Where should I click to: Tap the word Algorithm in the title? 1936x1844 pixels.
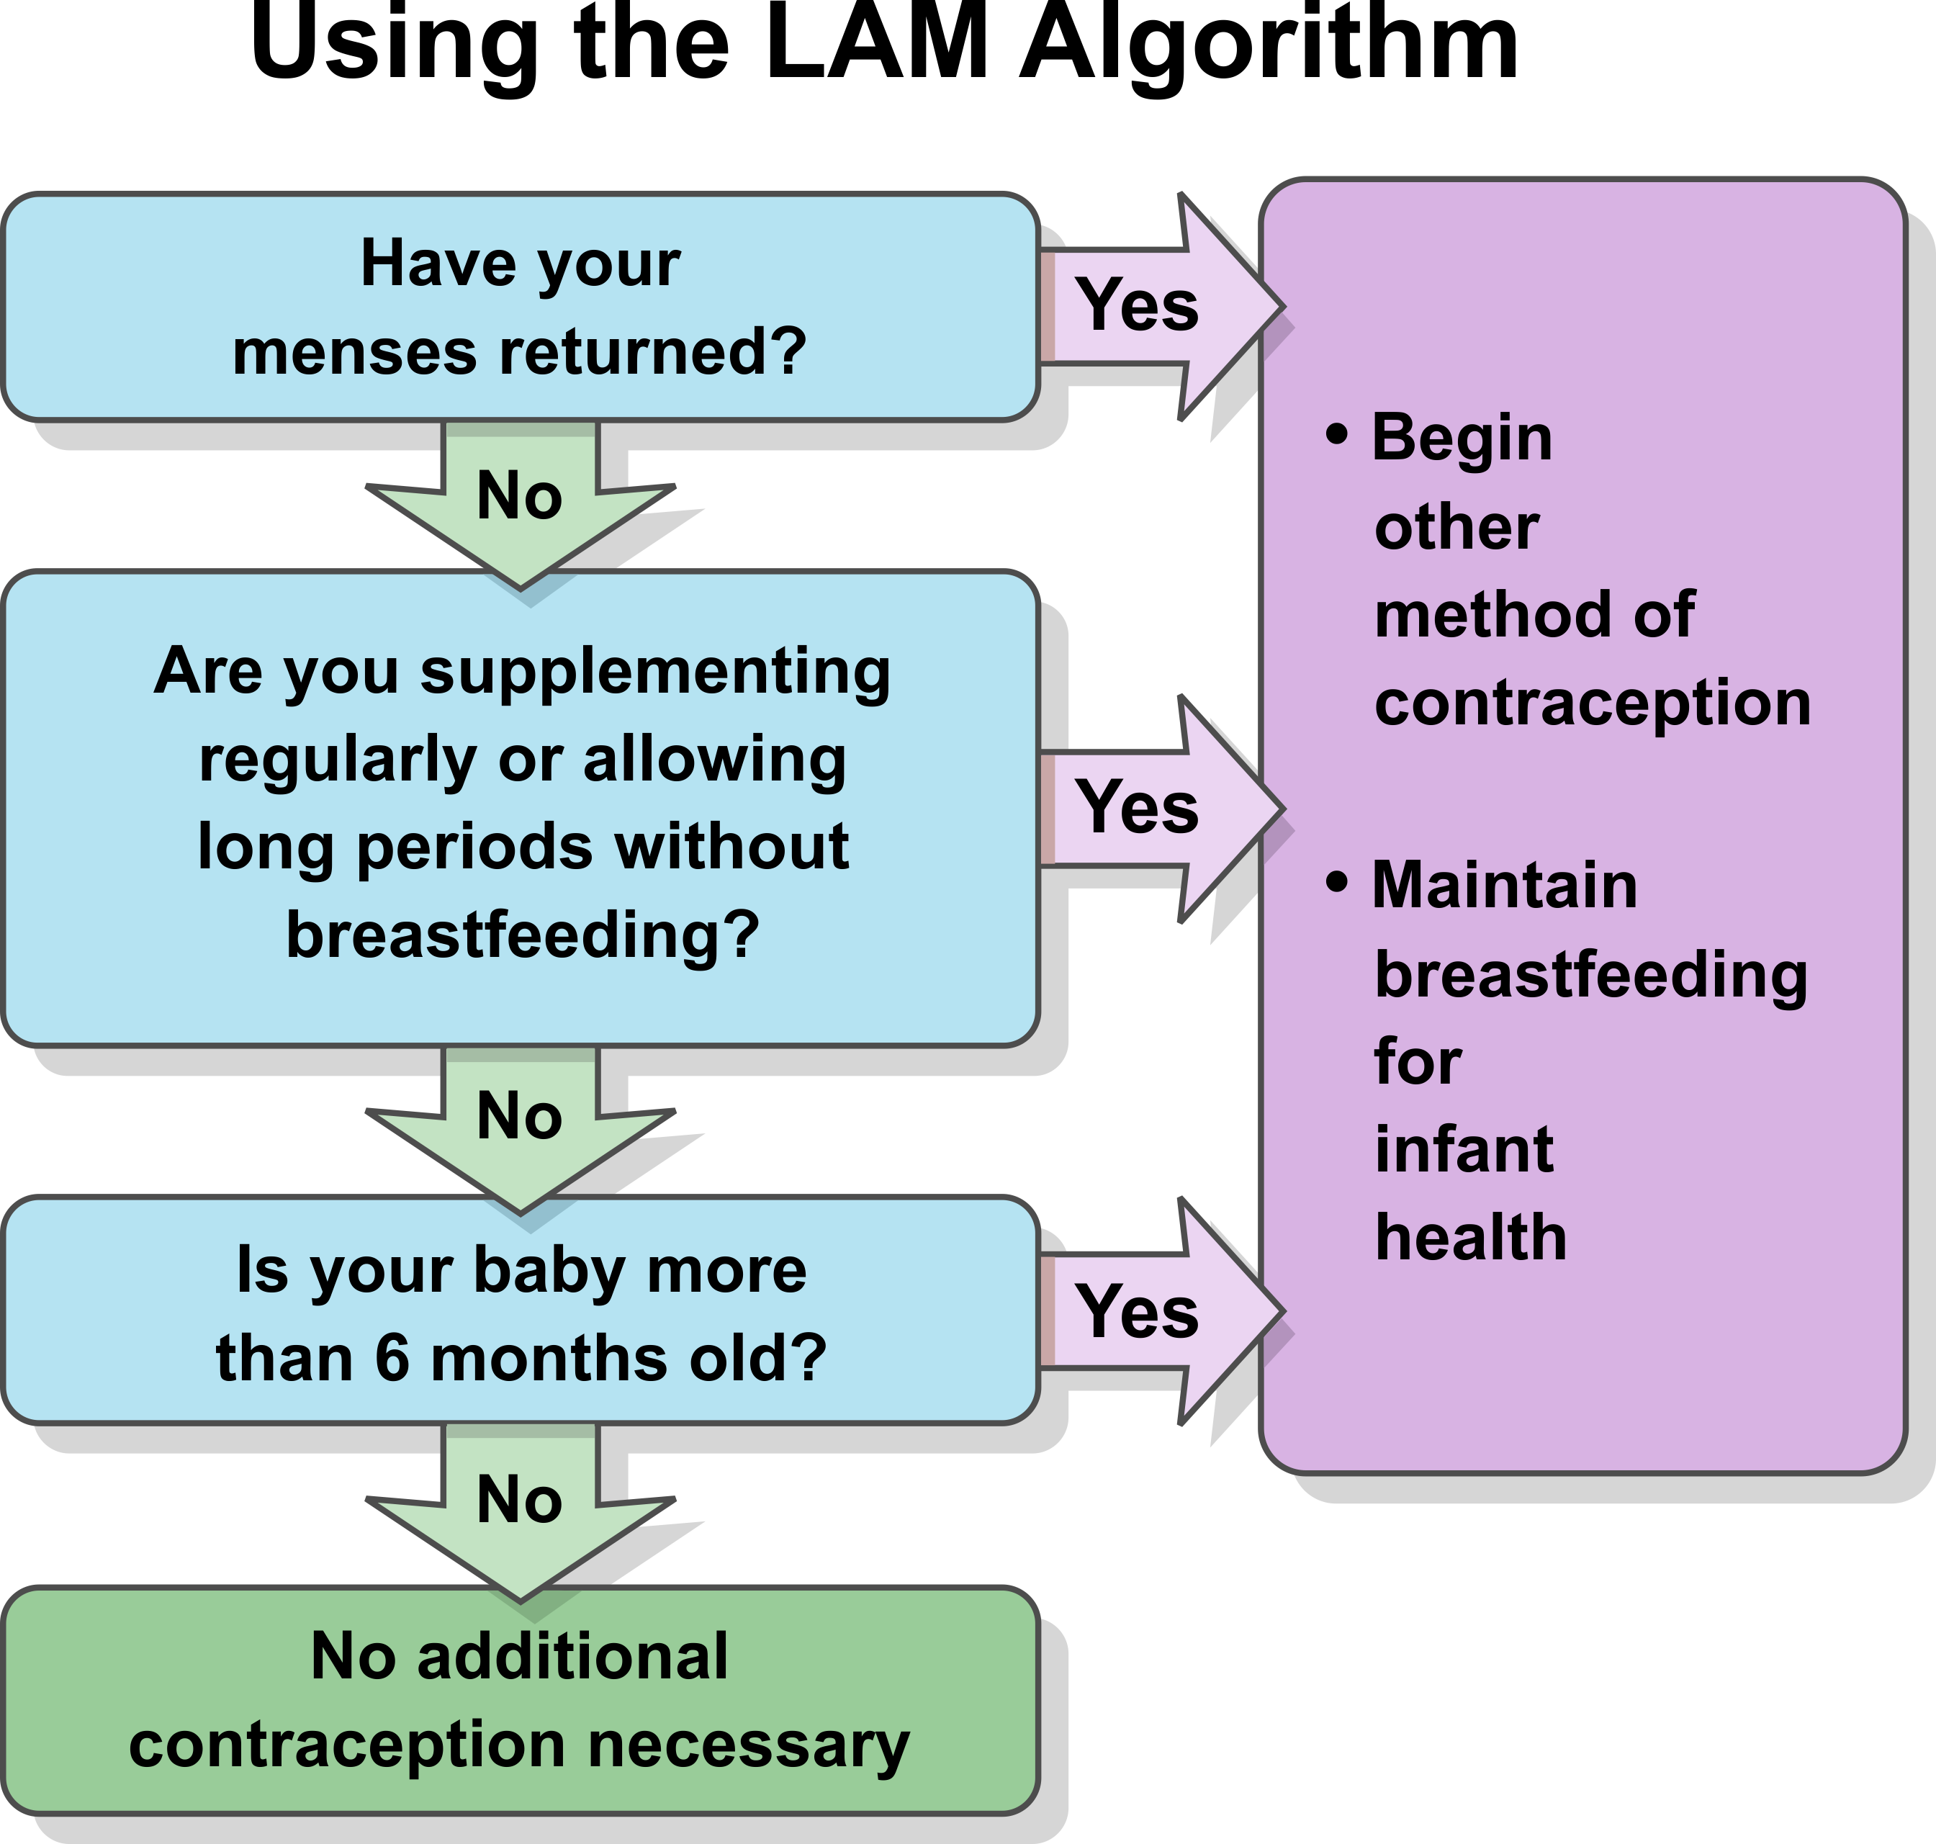1270,49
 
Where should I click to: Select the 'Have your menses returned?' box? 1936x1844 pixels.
521,307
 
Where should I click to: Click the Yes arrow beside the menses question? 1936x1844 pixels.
1161,307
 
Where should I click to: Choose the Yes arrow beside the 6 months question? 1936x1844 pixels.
1161,1310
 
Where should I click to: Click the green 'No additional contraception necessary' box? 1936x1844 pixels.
521,1701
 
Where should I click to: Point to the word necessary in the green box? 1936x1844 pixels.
749,1745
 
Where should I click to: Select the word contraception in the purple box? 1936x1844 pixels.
1592,703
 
